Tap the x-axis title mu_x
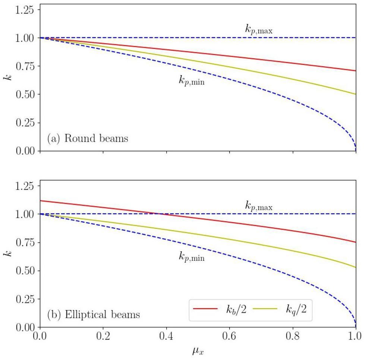point(198,351)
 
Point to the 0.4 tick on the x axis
point(166,337)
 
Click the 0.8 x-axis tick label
point(293,337)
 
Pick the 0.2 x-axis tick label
point(103,337)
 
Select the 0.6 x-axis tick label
point(230,337)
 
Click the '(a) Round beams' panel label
point(88,139)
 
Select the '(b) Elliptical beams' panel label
point(94,315)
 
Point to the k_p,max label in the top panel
point(259,29)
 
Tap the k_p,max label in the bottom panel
point(259,205)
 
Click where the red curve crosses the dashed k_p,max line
point(158,214)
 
